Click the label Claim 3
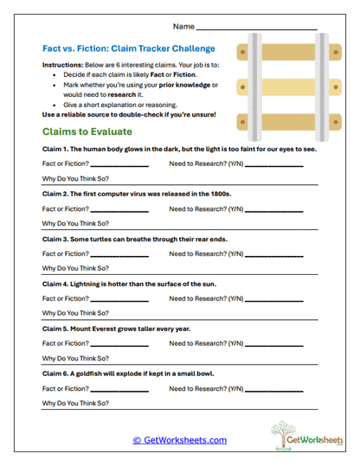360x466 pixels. click(x=57, y=238)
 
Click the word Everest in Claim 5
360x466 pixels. click(x=110, y=328)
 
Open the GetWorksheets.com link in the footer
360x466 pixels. click(x=179, y=440)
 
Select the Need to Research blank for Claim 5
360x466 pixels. click(x=273, y=343)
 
